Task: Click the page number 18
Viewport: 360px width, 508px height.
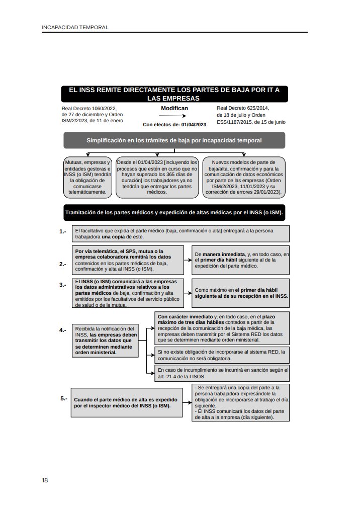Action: point(45,480)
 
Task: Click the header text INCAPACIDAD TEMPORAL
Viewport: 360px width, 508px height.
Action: point(75,27)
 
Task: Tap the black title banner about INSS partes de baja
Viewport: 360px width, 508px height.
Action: point(174,94)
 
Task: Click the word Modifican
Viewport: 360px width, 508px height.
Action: point(174,108)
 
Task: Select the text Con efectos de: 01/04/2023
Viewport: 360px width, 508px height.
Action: point(174,124)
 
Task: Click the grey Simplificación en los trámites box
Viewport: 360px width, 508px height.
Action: point(174,140)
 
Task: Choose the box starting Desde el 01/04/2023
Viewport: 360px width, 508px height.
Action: point(157,177)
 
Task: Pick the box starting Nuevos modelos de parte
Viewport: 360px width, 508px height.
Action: point(244,177)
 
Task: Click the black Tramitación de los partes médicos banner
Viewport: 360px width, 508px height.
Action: point(174,213)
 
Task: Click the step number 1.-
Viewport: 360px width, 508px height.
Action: point(62,232)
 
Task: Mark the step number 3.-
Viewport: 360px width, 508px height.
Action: point(62,285)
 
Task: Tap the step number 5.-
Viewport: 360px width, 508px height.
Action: point(64,398)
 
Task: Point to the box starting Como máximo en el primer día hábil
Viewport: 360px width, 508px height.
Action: point(241,293)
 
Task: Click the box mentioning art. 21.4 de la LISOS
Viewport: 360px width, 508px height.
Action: point(222,373)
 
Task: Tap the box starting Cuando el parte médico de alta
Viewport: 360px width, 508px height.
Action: point(127,402)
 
